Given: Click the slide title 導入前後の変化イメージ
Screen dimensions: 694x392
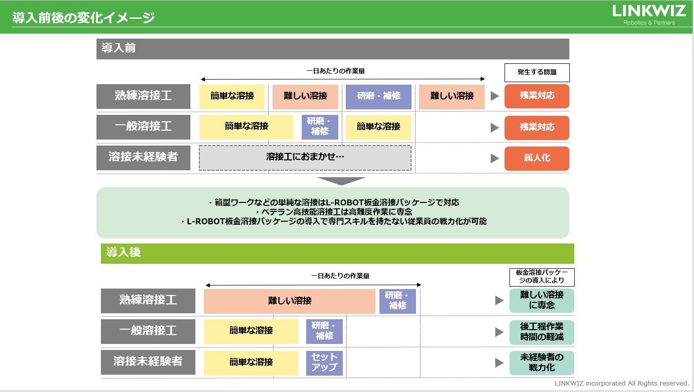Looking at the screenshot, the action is coord(84,18).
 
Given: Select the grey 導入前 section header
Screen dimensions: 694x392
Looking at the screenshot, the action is coord(332,49).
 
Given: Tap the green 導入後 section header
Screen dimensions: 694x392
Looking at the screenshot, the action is coord(337,253).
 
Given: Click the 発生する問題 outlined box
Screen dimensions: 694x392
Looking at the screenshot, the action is coord(537,72).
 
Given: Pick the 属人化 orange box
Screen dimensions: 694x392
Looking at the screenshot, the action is coord(537,158).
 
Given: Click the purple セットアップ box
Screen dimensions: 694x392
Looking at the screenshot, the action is coord(324,362).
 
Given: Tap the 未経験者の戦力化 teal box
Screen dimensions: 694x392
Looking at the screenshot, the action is coord(542,362).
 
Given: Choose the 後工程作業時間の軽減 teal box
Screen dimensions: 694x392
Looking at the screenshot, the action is coord(542,332).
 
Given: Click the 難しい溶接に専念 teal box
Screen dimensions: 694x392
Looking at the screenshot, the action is coord(542,300).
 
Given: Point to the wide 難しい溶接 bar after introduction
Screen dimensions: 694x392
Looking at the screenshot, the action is coord(289,301).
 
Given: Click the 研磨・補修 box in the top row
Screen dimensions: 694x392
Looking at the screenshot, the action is coord(378,96).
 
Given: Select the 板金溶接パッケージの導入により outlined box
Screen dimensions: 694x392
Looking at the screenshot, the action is coord(542,277).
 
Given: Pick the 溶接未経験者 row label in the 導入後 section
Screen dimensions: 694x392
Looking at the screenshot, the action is coord(148,362).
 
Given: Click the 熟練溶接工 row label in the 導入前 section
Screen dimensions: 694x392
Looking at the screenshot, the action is coord(143,96).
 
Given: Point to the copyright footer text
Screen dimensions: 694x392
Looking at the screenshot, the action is coord(622,384).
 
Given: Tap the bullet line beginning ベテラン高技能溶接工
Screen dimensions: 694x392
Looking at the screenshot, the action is coord(334,212).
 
